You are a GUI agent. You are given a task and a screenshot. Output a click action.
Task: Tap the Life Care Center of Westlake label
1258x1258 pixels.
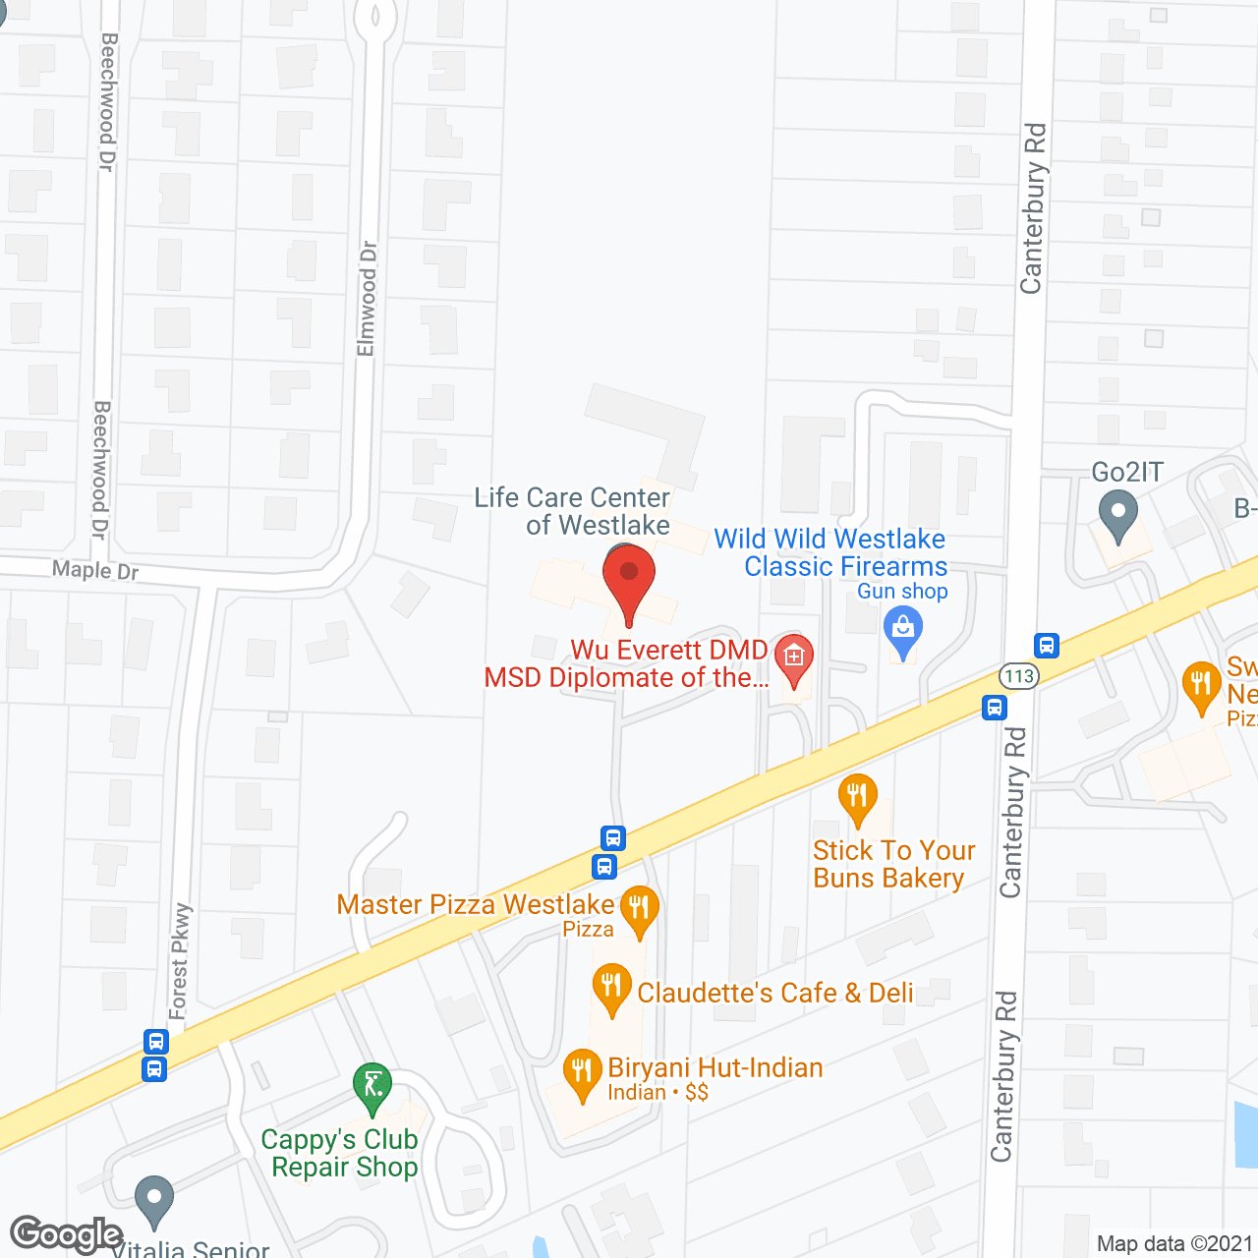[x=572, y=511]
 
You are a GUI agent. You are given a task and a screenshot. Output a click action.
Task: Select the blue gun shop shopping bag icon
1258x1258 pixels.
[x=902, y=629]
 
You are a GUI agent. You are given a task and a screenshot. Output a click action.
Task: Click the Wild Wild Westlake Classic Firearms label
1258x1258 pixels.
[x=831, y=552]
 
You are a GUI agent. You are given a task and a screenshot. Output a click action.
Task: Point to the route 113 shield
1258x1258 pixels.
[x=1018, y=676]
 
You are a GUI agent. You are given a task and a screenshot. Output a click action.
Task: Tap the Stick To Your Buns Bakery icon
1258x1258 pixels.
[x=857, y=798]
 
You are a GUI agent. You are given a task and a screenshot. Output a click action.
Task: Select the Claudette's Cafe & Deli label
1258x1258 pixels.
[x=775, y=993]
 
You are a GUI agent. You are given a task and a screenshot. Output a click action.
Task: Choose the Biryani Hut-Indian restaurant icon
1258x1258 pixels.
[x=582, y=1072]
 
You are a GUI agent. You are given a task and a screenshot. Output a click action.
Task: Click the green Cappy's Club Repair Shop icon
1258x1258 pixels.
[x=372, y=1087]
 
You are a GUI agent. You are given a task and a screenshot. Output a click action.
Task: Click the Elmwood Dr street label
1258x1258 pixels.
[x=367, y=299]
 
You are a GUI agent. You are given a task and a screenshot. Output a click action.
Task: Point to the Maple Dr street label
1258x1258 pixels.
[x=95, y=570]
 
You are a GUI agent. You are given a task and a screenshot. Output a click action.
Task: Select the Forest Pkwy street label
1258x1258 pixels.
[x=180, y=961]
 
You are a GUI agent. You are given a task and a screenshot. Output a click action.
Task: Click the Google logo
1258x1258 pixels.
[x=66, y=1234]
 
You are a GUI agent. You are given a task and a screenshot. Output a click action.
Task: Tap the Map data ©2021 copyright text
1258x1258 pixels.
[x=1175, y=1244]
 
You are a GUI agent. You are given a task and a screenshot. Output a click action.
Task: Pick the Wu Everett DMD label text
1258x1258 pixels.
[x=668, y=651]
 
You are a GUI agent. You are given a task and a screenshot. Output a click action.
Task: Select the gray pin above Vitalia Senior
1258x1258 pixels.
[x=153, y=1199]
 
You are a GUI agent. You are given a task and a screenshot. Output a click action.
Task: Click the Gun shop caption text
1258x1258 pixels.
[x=902, y=592]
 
